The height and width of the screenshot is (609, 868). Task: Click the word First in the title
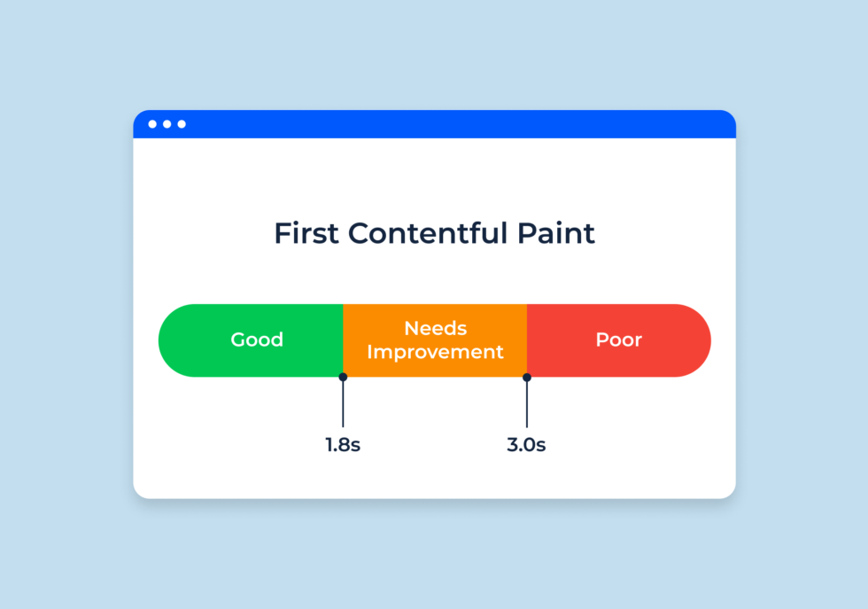[306, 233]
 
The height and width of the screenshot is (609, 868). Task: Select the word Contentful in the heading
[427, 233]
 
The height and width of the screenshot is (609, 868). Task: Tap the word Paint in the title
[556, 233]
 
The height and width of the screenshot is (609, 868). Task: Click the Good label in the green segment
[257, 340]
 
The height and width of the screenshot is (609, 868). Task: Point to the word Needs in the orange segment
[436, 328]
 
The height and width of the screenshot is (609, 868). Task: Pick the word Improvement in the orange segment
[435, 352]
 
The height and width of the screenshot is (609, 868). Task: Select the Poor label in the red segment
[619, 340]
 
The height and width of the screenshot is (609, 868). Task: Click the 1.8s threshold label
[343, 444]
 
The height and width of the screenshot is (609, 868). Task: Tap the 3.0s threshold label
[526, 444]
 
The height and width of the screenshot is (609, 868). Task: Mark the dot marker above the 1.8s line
[344, 378]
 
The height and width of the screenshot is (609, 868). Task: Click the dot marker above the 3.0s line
[527, 378]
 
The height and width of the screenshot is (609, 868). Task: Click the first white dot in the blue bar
[152, 124]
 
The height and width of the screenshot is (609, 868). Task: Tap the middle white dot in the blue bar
[167, 124]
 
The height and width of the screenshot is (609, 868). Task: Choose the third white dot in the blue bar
[182, 124]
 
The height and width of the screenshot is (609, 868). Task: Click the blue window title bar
[435, 124]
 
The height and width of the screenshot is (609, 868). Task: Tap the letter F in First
[283, 233]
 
